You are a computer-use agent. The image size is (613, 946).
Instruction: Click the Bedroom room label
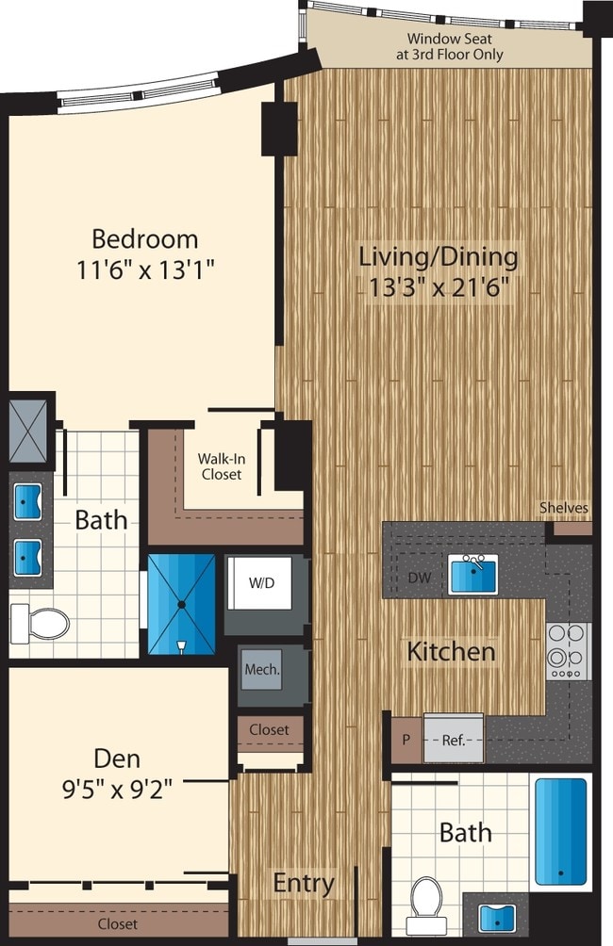click(x=145, y=237)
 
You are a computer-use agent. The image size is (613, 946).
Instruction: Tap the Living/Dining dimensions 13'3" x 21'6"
click(x=439, y=286)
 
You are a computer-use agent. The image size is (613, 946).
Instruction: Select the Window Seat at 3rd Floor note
click(x=456, y=47)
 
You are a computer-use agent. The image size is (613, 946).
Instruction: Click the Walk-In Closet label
click(x=222, y=466)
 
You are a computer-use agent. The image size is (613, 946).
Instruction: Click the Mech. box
click(x=262, y=670)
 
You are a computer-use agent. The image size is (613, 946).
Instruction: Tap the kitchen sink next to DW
click(x=473, y=574)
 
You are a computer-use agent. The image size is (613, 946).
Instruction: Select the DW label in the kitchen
click(x=421, y=578)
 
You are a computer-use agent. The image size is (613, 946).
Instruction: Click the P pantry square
click(x=406, y=740)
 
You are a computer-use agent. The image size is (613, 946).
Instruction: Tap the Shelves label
click(x=564, y=509)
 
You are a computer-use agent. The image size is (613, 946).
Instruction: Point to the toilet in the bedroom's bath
click(x=41, y=622)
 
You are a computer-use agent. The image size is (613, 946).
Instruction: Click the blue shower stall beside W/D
click(x=182, y=603)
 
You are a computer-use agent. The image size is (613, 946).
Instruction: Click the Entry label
click(x=304, y=883)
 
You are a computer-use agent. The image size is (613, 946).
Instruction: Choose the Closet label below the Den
click(x=117, y=924)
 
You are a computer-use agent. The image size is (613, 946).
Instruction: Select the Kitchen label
click(x=451, y=650)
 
